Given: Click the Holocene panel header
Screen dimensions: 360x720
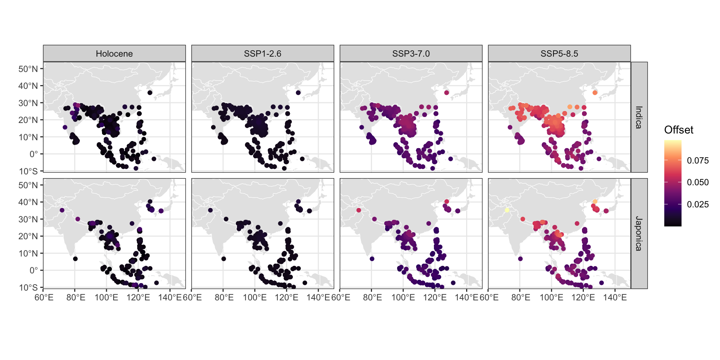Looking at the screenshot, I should click(114, 54).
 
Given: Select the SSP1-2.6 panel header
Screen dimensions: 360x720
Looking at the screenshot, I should click(262, 54).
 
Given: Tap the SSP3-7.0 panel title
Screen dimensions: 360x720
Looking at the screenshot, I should click(411, 54).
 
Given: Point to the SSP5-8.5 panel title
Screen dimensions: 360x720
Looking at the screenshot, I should click(559, 54).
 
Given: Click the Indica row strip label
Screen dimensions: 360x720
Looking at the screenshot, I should click(639, 117).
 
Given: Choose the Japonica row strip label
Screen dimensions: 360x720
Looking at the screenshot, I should click(639, 233).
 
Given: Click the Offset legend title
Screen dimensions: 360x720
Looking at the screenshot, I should click(678, 130).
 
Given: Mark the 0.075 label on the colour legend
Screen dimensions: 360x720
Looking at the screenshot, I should click(697, 160).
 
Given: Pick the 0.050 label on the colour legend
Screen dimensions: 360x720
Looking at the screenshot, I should click(697, 182).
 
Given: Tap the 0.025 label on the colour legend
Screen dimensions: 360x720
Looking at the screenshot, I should click(697, 204).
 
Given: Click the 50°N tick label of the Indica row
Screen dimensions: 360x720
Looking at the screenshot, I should click(28, 69).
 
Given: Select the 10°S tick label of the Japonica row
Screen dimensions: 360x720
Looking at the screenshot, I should click(28, 288).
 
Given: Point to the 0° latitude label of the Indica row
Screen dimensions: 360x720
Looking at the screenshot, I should click(33, 154).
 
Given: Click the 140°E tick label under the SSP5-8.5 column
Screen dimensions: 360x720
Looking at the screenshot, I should click(615, 297).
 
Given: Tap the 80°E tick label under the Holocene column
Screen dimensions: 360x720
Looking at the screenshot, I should click(75, 297).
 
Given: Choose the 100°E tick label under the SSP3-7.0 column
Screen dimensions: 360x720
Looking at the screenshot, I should click(403, 297).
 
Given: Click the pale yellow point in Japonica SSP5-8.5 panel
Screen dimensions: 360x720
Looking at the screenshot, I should click(507, 210).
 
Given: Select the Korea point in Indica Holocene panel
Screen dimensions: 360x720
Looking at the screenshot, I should click(150, 93).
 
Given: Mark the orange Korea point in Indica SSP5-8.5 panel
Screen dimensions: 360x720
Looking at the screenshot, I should click(595, 93).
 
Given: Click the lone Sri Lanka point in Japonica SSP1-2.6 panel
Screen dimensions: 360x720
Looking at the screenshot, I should click(223, 259).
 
